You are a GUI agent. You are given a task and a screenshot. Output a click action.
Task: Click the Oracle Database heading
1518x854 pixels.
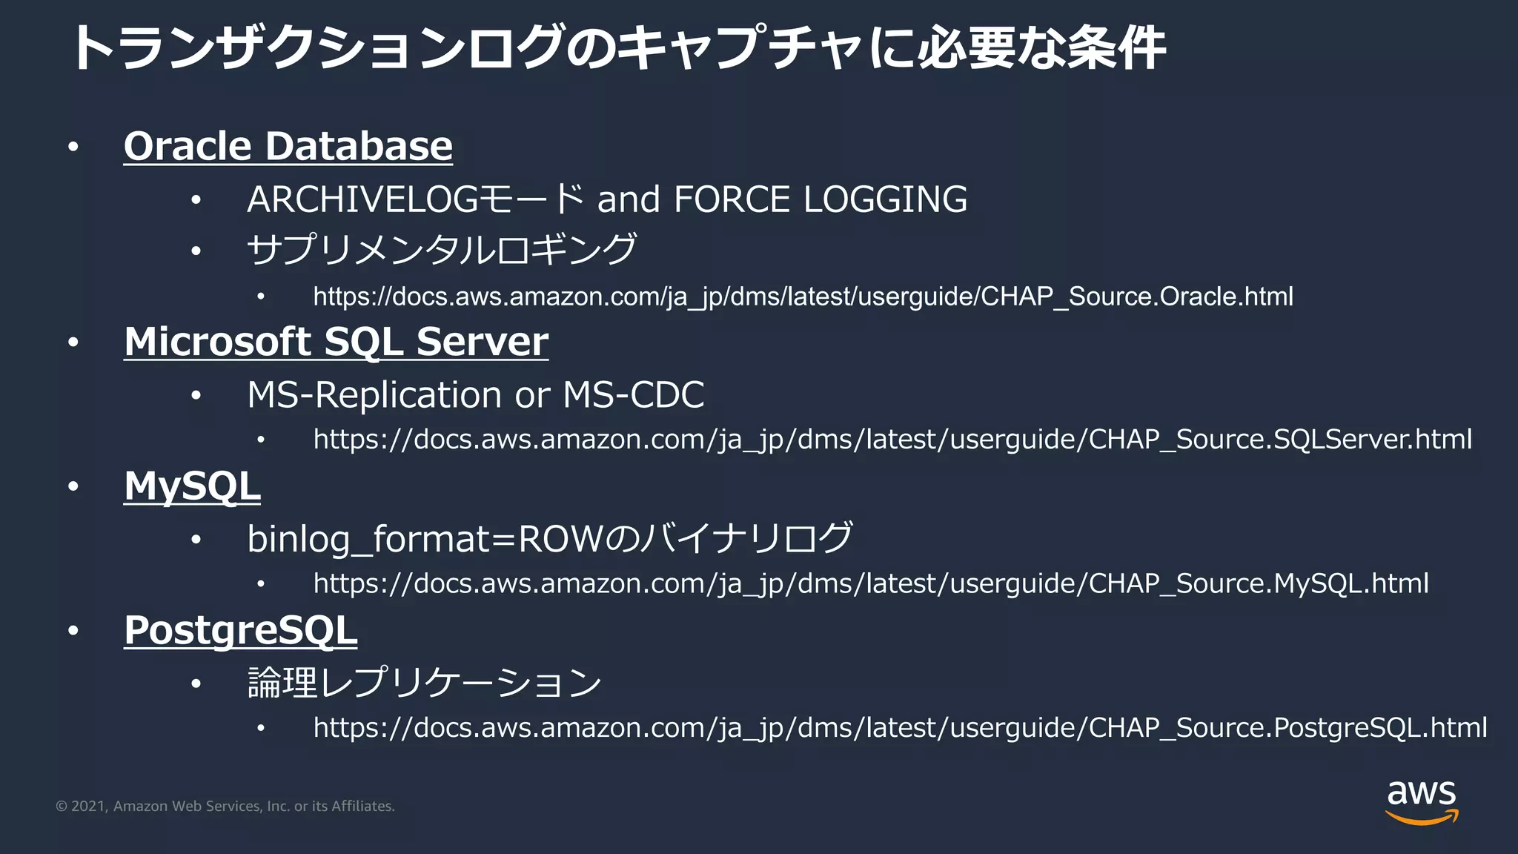coord(288,146)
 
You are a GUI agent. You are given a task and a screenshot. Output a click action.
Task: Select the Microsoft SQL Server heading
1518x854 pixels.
coord(336,342)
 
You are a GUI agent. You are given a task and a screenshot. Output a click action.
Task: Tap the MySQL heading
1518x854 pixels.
coord(192,486)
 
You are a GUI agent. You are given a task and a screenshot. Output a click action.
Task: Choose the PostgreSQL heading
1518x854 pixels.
coord(240,631)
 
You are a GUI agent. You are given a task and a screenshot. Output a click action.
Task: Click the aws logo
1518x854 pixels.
coord(1421,801)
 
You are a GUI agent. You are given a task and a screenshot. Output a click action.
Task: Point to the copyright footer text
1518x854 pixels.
coord(225,807)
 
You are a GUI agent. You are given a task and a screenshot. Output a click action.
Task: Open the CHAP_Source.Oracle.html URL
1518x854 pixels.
coord(803,297)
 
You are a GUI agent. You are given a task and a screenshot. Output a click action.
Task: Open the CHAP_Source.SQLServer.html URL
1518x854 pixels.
coord(892,440)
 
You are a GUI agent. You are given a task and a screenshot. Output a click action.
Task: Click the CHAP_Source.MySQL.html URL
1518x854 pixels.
coord(871,583)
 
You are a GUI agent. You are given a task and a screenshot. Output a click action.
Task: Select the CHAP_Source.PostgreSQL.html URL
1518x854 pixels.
coord(900,727)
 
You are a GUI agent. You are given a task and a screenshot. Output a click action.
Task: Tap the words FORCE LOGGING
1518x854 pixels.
coord(821,199)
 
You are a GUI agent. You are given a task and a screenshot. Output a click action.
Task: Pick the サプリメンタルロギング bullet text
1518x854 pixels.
coord(442,249)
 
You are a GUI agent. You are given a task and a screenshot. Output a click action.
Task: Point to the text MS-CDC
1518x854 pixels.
coord(633,394)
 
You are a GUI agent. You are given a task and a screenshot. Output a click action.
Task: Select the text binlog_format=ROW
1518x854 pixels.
coord(425,539)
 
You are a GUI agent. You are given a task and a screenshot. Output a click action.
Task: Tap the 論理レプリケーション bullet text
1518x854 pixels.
coord(424,683)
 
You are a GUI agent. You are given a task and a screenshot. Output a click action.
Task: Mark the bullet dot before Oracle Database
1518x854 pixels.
coord(73,147)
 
